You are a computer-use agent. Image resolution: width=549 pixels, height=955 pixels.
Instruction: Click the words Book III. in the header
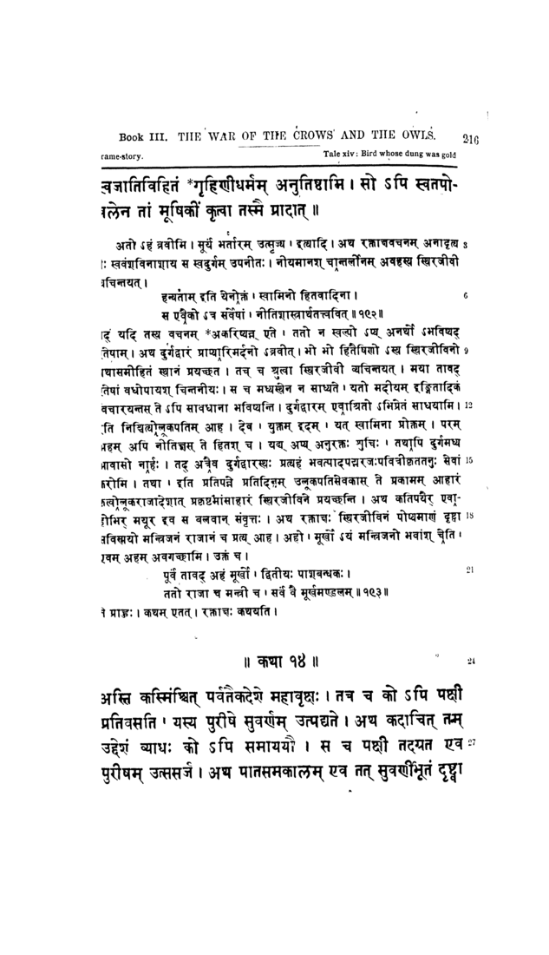coord(140,135)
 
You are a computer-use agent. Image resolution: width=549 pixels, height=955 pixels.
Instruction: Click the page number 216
coord(473,136)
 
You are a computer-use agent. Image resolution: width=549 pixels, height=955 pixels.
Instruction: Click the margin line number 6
coord(466,296)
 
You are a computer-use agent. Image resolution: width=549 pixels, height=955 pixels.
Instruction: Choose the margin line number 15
coord(467,460)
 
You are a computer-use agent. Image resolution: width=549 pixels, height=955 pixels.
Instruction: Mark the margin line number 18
coord(467,514)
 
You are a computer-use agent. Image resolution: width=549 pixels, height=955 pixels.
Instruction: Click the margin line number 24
coord(472,661)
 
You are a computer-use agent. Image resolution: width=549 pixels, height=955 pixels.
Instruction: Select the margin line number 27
coord(472,742)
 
